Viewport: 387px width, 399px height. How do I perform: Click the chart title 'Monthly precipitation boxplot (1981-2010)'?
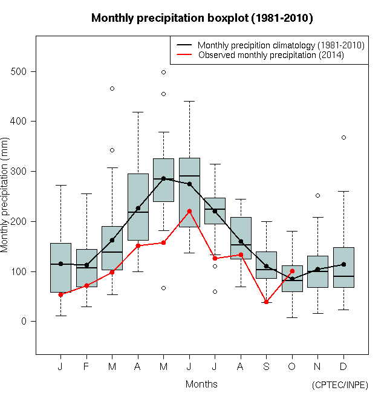tap(202, 18)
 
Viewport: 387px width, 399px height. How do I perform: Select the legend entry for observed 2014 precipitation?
tap(271, 55)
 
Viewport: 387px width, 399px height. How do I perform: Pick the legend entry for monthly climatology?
tap(281, 45)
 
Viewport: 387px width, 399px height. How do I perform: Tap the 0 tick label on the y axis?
tap(24, 321)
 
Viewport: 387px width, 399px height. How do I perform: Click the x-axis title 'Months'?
tap(201, 384)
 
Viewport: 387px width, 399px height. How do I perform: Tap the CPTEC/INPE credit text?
tap(339, 384)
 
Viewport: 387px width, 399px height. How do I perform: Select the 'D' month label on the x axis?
tap(343, 366)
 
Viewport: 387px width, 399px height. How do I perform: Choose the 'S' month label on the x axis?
tap(266, 366)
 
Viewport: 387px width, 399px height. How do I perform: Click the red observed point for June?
tap(189, 211)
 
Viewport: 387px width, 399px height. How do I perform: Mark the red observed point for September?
tap(266, 302)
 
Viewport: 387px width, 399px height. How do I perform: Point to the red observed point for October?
tap(292, 271)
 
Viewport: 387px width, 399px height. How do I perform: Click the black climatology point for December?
tap(343, 264)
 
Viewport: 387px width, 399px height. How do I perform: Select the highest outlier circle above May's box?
tap(163, 72)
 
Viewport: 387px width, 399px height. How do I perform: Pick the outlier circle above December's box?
tap(343, 137)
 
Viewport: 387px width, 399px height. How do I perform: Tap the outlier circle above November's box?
tap(317, 195)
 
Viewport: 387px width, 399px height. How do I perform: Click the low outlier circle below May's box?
tap(163, 288)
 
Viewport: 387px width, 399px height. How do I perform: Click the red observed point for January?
tap(60, 294)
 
